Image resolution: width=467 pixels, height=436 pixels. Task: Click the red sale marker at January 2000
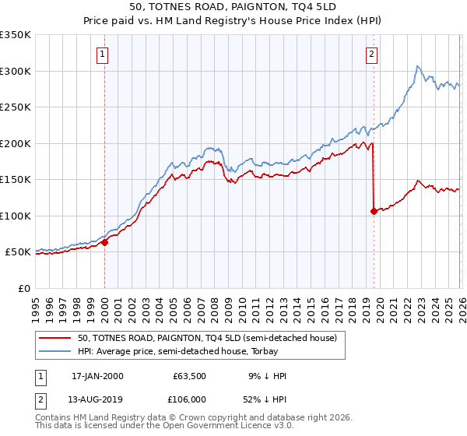pyautogui.click(x=104, y=242)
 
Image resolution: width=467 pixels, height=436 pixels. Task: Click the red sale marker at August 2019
pyautogui.click(x=374, y=211)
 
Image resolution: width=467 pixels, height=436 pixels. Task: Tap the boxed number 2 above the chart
pyautogui.click(x=372, y=54)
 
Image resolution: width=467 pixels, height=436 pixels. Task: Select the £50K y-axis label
pyautogui.click(x=18, y=252)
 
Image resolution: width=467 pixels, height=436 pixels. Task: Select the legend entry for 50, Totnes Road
pyautogui.click(x=206, y=338)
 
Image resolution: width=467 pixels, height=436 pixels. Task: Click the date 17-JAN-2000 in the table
pyautogui.click(x=97, y=376)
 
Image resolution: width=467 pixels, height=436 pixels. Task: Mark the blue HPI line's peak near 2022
pyautogui.click(x=418, y=66)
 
